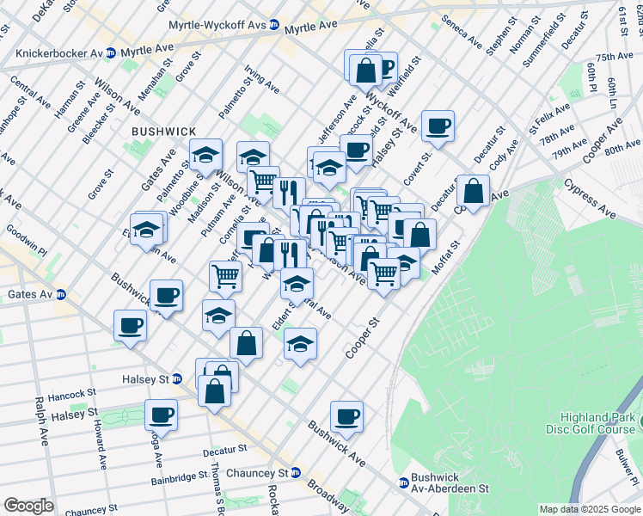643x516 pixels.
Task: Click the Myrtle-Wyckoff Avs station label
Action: (x=217, y=27)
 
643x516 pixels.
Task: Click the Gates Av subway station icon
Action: (x=60, y=294)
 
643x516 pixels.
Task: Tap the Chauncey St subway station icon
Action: (x=295, y=472)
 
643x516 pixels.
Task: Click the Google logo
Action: (x=28, y=506)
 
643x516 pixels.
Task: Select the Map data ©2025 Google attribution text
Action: (x=590, y=509)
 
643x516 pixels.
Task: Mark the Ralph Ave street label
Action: (x=40, y=421)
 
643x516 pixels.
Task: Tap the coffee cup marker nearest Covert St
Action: (x=438, y=126)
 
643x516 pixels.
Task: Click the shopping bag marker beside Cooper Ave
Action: (x=473, y=191)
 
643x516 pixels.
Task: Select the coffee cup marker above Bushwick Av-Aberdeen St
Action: (x=346, y=416)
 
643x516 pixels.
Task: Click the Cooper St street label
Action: (x=362, y=341)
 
